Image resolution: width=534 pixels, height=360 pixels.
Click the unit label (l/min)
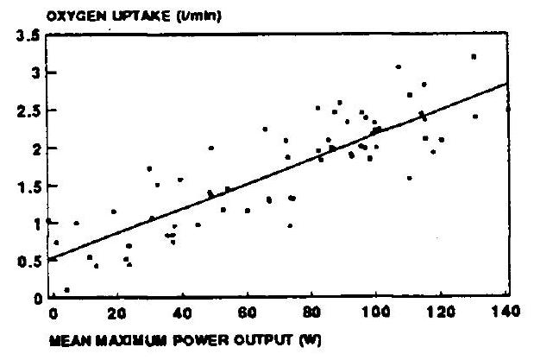(x=199, y=16)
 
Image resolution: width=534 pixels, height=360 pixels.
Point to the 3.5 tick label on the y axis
(x=28, y=35)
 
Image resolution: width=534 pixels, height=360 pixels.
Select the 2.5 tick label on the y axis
(x=28, y=111)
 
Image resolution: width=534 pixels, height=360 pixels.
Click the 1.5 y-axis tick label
(x=28, y=186)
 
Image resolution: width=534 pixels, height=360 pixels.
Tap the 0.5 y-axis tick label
(x=28, y=262)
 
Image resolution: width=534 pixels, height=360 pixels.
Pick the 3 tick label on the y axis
(x=36, y=73)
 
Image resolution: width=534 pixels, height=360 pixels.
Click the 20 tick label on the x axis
(x=116, y=313)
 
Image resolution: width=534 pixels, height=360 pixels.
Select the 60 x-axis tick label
(x=247, y=313)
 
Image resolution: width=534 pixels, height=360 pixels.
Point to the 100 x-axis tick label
(x=375, y=312)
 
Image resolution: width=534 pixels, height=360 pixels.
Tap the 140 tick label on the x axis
(x=506, y=312)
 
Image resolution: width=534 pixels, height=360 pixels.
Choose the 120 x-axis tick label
(x=441, y=312)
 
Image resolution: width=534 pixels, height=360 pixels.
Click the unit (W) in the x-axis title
(x=310, y=340)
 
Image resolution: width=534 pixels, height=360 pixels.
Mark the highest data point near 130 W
(x=474, y=57)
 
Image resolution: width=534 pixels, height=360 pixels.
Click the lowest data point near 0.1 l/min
(x=66, y=290)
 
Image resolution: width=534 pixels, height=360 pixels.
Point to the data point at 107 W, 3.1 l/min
(x=398, y=66)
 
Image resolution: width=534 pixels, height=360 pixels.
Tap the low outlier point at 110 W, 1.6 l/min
(x=410, y=178)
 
